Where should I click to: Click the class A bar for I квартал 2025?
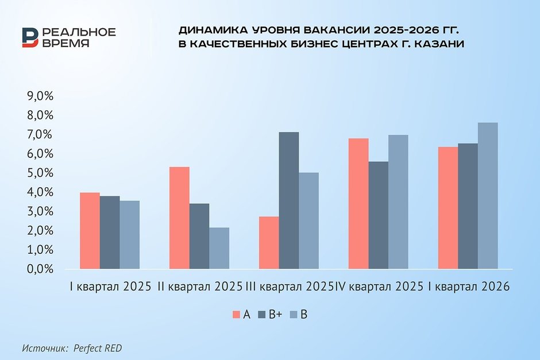[90, 231]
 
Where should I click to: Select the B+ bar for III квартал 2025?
[289, 200]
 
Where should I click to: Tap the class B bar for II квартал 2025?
[219, 248]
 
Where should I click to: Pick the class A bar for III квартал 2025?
[269, 242]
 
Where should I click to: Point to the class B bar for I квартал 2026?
[488, 195]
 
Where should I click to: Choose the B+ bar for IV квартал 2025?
[379, 215]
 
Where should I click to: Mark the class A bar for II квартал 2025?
[179, 218]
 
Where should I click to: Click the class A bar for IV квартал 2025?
[358, 203]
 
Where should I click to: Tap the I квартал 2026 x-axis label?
[469, 287]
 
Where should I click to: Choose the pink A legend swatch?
[236, 315]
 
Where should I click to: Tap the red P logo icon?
[30, 37]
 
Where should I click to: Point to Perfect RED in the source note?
[98, 348]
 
